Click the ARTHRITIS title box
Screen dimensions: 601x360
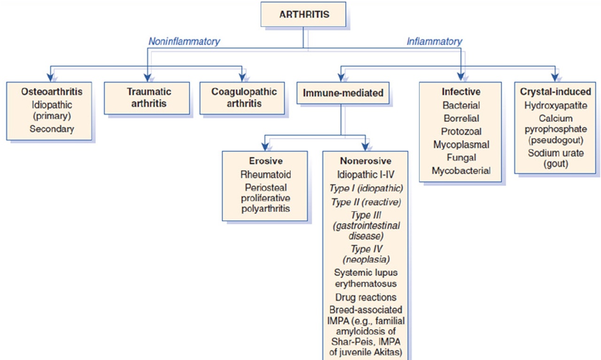303,14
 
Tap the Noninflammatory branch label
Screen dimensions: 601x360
184,41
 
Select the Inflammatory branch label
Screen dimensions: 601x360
434,41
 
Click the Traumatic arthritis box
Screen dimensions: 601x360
147,98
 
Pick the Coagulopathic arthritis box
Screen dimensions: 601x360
242,98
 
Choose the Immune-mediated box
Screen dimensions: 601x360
343,93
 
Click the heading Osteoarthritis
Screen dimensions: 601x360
52,92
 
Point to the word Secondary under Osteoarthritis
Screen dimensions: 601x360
52,129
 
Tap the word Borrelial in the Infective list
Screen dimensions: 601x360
461,118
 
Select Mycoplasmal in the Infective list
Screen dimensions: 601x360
461,145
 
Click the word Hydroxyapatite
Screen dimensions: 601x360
555,106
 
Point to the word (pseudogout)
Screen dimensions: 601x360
555,140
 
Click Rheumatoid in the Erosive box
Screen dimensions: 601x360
266,175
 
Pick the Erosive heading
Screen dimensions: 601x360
266,161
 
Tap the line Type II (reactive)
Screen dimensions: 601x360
366,202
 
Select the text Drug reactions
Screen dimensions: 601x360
366,297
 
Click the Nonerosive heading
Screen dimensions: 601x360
366,161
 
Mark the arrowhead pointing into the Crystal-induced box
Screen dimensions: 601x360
555,77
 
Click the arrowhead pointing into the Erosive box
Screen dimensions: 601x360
265,146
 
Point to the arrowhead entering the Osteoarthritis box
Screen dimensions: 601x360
50,77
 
